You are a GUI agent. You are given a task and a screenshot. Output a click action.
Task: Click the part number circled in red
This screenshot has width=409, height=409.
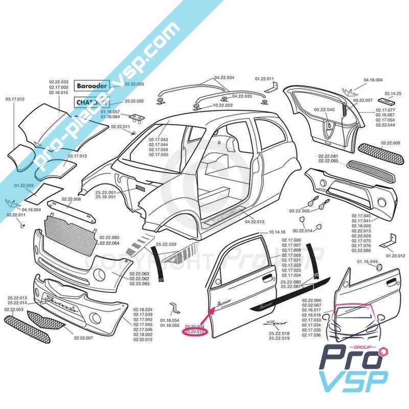click(x=194, y=332)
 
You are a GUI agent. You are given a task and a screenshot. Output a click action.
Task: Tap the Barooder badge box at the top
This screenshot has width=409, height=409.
click(x=92, y=86)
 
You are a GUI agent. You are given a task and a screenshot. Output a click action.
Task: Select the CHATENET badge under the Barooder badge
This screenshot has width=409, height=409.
click(x=92, y=102)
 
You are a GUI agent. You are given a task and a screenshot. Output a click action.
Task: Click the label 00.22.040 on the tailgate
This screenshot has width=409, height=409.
click(x=324, y=109)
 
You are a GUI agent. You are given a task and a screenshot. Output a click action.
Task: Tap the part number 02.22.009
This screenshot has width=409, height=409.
click(x=390, y=143)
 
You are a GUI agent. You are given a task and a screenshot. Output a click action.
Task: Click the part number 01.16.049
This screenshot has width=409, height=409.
click(x=367, y=261)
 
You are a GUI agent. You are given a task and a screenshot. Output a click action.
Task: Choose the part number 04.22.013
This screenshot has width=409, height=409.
click(x=255, y=222)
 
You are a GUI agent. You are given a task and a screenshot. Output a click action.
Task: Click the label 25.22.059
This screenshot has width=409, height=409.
click(x=166, y=244)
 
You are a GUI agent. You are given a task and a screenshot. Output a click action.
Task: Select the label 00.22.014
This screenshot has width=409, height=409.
click(x=309, y=231)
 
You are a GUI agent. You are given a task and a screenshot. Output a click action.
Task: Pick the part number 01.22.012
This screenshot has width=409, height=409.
click(x=395, y=255)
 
